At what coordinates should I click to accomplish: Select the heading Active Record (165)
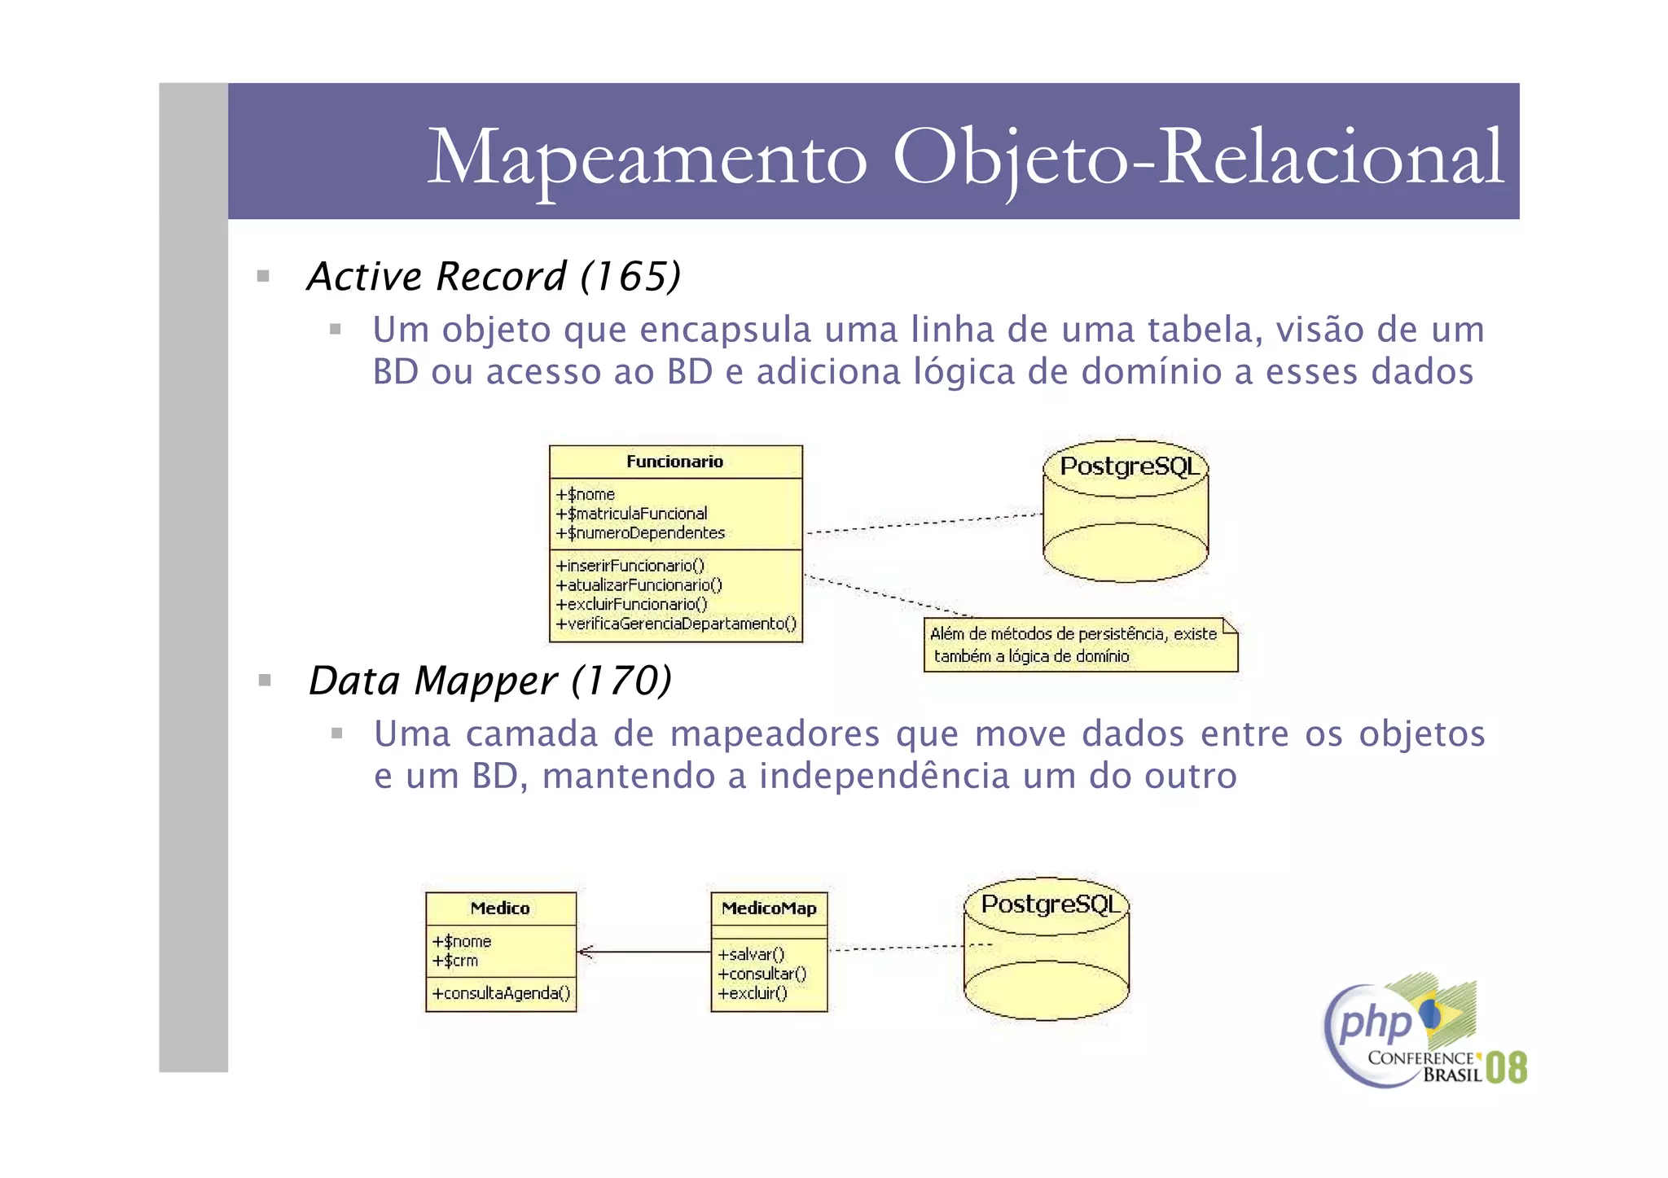pos(494,277)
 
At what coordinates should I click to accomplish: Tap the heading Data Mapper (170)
pos(490,681)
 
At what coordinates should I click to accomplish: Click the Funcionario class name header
pos(675,462)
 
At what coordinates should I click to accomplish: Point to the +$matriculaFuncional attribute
pos(632,514)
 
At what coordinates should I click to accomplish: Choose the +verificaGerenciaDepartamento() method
pos(676,624)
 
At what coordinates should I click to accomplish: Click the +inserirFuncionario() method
pos(630,566)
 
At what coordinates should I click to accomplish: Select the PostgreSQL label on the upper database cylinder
pos(1129,466)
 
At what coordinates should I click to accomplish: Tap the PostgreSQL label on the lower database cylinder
pos(1050,904)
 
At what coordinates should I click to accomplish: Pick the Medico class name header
pos(500,909)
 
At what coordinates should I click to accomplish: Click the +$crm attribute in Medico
pos(456,961)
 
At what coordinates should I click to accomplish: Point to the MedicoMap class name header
pos(769,909)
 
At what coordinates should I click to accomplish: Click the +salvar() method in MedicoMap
pos(751,954)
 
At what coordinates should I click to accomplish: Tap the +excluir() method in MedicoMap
pos(753,993)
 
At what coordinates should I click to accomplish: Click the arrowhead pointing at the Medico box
pos(584,952)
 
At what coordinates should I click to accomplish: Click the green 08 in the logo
pos(1506,1067)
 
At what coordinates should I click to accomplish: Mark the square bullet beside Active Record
pos(263,276)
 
